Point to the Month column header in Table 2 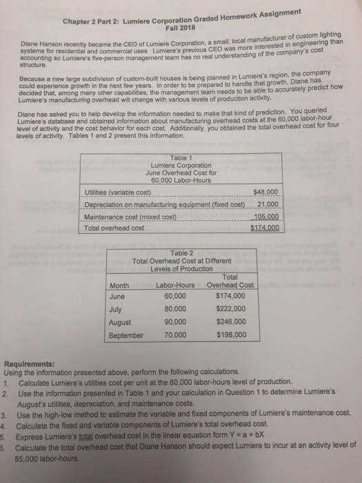point(120,285)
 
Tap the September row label point(126,335)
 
